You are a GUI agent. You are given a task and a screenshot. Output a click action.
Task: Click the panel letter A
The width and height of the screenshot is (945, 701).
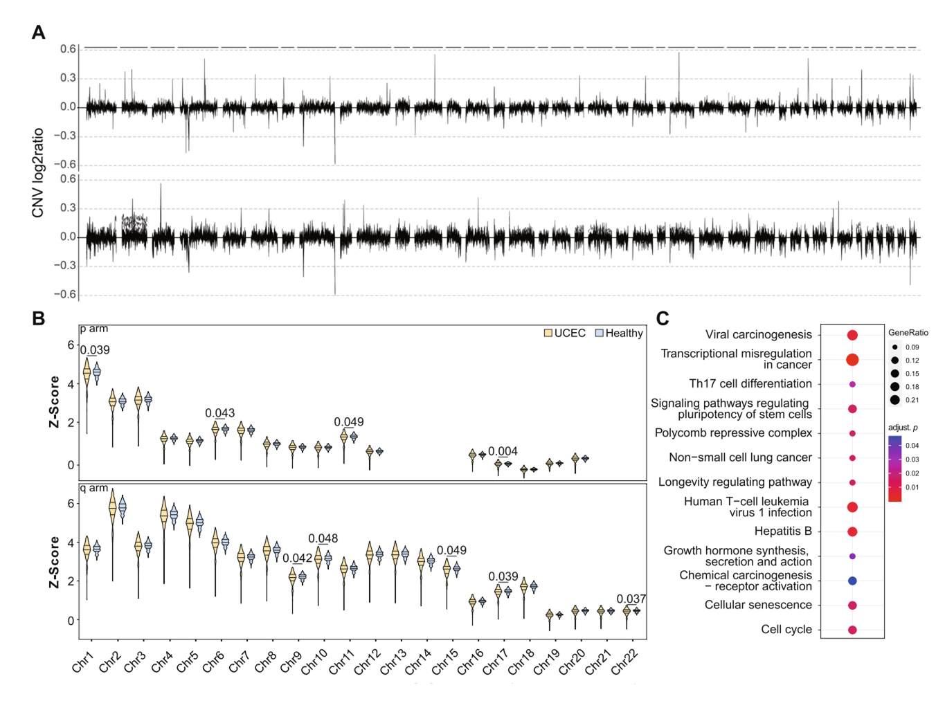click(39, 33)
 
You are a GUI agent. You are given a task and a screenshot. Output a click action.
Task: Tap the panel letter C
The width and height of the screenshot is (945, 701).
click(663, 318)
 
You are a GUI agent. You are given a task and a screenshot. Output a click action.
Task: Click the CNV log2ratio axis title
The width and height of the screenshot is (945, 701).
click(38, 173)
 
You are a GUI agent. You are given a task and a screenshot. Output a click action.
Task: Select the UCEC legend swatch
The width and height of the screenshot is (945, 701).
click(548, 334)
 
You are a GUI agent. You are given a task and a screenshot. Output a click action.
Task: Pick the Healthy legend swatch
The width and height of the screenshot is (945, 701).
click(600, 334)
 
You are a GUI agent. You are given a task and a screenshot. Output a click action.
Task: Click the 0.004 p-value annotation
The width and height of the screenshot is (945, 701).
click(503, 451)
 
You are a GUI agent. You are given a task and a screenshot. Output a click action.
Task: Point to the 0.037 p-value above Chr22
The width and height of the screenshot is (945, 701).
click(631, 599)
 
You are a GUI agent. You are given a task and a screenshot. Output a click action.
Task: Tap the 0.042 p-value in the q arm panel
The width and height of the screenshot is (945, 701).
click(297, 558)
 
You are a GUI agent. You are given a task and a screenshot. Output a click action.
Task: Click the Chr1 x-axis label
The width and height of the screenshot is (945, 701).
click(82, 662)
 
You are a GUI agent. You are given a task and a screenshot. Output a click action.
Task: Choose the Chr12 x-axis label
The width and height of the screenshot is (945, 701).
click(367, 662)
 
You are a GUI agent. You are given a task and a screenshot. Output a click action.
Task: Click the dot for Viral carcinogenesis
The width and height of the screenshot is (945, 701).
click(852, 335)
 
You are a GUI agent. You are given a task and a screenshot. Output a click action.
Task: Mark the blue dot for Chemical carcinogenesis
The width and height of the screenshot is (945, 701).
click(852, 581)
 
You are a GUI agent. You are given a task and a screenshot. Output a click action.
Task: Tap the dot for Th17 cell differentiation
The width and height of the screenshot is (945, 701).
click(852, 384)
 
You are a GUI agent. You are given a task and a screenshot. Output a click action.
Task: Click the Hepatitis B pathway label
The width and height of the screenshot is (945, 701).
click(783, 531)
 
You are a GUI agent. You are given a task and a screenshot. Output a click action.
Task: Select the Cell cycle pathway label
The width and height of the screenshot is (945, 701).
click(786, 630)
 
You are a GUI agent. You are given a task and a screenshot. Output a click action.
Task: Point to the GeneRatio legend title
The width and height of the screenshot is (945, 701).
click(908, 333)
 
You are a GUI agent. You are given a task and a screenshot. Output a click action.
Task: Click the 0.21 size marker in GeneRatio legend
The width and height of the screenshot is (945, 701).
click(895, 400)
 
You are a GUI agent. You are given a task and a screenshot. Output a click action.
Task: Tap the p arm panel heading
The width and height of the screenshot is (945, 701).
click(94, 329)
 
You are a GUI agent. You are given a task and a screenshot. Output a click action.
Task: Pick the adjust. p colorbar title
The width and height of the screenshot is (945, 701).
click(903, 428)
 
